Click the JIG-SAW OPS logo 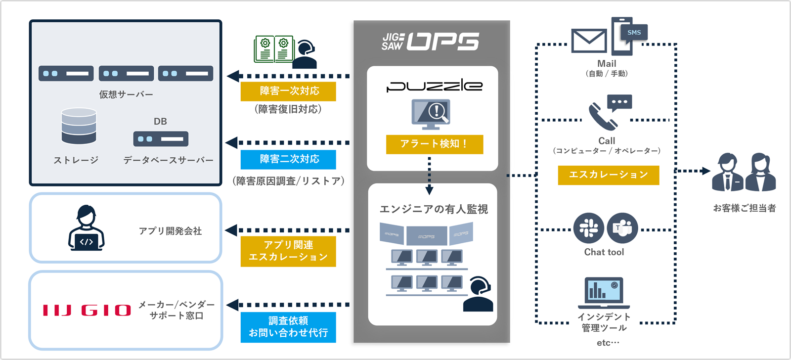430,42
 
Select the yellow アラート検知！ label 434,144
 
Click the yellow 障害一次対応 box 288,91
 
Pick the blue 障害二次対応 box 288,159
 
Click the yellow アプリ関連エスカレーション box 288,251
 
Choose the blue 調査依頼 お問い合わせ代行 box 288,327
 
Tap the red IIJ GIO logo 87,310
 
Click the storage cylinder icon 79,126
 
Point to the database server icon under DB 161,139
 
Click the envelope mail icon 589,41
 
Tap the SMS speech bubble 634,33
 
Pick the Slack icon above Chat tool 588,228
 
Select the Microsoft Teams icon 622,228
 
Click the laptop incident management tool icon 604,293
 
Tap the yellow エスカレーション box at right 608,175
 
